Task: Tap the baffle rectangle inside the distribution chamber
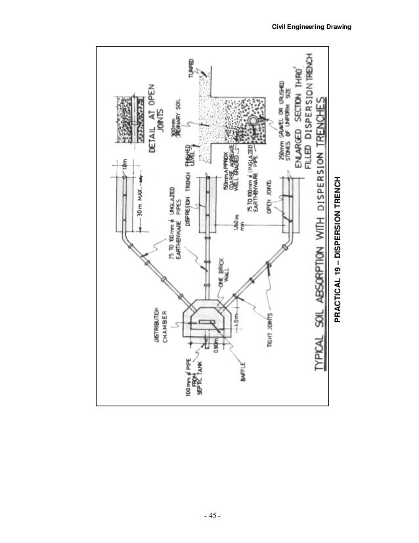(x=208, y=321)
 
